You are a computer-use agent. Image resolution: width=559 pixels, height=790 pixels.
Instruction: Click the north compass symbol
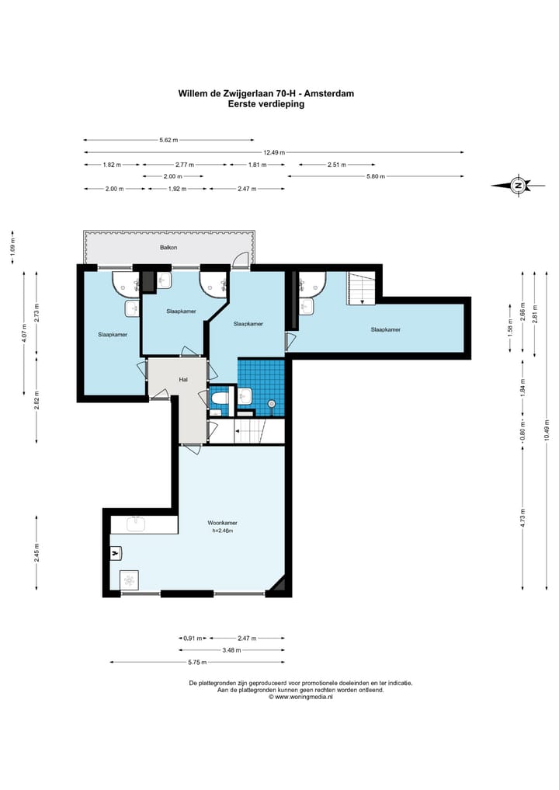click(518, 186)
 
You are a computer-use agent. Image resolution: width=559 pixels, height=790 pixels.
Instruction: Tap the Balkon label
click(168, 247)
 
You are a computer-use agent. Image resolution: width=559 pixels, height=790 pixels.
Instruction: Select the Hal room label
click(183, 379)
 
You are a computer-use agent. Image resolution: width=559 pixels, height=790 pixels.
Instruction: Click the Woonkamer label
click(222, 523)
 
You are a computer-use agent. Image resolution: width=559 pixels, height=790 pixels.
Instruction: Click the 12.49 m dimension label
click(274, 152)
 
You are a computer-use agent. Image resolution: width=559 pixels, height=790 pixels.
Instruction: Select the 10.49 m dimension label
click(547, 430)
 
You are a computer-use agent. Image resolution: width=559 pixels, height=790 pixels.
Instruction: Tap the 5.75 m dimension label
click(197, 662)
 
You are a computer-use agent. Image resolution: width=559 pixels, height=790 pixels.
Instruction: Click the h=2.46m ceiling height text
click(222, 531)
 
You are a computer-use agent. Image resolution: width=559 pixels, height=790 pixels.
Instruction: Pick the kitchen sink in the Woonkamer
click(136, 524)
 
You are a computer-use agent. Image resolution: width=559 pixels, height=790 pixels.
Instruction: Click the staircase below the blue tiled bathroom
click(247, 431)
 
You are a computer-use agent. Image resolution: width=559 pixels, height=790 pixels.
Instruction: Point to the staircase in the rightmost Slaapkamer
click(360, 288)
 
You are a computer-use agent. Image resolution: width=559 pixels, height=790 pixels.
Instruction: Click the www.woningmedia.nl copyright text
click(300, 698)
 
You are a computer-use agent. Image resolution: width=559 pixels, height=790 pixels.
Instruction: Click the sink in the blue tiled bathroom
click(245, 395)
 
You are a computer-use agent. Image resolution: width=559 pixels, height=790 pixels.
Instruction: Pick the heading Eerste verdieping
click(266, 104)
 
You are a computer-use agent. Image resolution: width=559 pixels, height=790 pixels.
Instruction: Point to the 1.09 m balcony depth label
click(13, 247)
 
